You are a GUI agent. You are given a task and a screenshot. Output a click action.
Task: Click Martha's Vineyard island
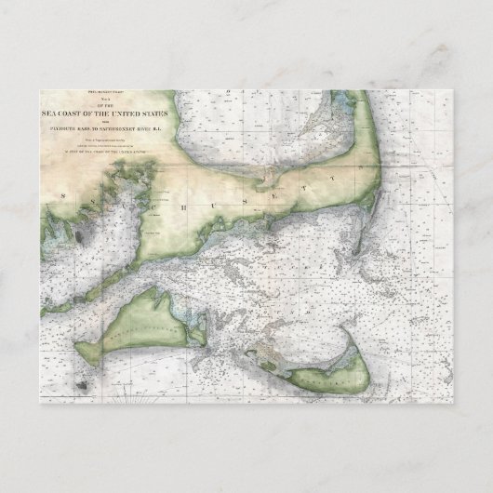point(140,326)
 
